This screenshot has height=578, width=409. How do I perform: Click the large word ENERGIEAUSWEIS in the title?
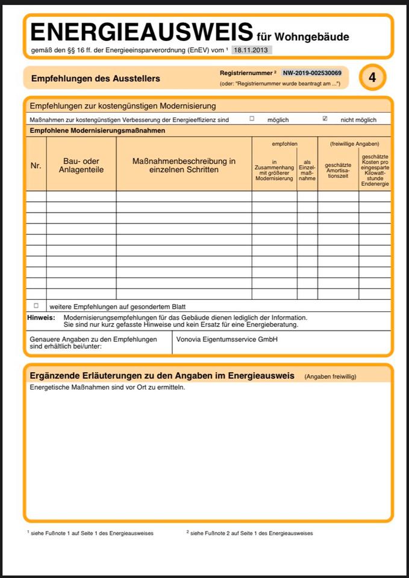pos(142,32)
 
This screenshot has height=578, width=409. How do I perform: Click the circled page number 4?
pos(372,77)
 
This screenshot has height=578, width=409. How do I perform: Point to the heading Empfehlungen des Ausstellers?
pos(95,78)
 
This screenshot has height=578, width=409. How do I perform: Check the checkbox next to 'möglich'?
pos(252,119)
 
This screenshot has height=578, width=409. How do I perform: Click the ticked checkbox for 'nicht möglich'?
pos(325,119)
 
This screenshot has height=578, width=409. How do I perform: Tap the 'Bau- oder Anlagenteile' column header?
pos(81,166)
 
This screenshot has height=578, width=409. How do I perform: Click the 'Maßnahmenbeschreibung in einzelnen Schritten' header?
pos(184,166)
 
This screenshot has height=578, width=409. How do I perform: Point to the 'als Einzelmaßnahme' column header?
pos(307,170)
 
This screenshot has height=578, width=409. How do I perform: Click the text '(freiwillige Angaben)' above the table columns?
pos(354,144)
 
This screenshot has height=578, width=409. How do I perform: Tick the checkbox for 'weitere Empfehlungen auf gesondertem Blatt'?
pos(36,306)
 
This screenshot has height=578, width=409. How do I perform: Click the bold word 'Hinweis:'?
pos(41,317)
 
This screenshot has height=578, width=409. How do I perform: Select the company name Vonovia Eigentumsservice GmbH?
pos(226,340)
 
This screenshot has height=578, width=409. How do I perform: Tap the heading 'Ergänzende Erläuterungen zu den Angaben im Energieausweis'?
pos(162,376)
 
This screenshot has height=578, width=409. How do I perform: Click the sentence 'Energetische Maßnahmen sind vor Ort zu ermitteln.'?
pos(107,387)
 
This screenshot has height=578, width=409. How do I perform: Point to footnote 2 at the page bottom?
pos(249,533)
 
